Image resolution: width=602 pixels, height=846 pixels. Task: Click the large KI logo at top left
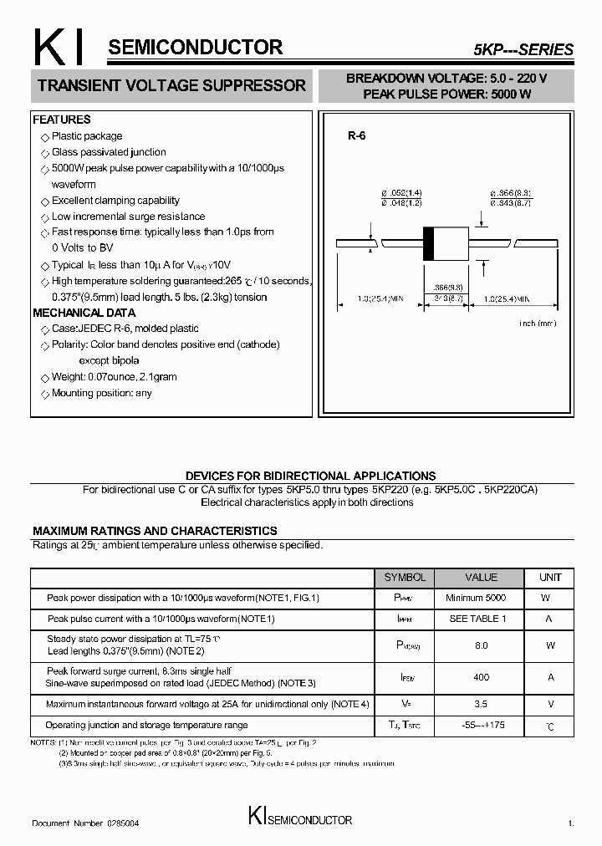[x=57, y=48]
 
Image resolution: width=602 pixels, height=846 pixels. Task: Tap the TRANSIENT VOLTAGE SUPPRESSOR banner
[x=172, y=85]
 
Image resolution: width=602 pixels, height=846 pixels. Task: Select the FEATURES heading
[x=62, y=120]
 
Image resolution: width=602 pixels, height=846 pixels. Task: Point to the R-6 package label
[x=357, y=135]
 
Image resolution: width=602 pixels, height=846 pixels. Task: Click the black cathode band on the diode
[x=429, y=242]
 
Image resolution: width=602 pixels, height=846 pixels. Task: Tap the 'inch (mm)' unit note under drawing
[x=537, y=323]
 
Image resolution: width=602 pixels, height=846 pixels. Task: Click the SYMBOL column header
[x=405, y=578]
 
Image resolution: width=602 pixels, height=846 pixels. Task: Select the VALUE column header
[x=481, y=578]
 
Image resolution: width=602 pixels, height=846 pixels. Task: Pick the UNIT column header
[x=550, y=578]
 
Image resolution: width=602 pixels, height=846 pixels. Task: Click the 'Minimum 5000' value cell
[x=476, y=598]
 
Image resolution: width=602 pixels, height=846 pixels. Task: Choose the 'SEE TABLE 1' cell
[x=477, y=619]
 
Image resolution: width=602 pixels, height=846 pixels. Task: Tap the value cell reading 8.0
[x=481, y=645]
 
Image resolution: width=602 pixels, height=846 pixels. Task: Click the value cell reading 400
[x=481, y=677]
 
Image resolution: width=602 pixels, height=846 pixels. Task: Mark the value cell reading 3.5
[x=481, y=705]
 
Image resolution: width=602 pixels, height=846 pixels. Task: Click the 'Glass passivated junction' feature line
[x=109, y=152]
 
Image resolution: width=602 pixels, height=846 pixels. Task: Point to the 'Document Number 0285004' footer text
[x=85, y=823]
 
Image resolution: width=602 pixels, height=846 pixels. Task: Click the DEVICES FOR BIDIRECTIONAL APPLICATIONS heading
[x=310, y=476]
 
